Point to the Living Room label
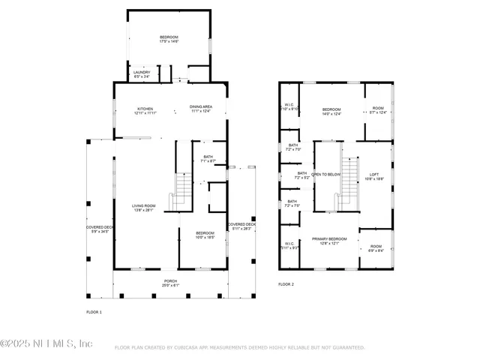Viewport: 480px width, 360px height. (144, 208)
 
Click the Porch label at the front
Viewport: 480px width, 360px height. (171, 283)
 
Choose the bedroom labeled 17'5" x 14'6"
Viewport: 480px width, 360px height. (169, 40)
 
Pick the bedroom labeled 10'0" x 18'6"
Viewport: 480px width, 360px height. (205, 235)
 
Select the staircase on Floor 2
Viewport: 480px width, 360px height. (346, 184)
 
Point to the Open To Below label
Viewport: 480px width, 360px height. (326, 174)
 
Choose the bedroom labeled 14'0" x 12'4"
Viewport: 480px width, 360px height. (331, 112)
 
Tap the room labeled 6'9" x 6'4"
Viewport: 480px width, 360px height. (375, 248)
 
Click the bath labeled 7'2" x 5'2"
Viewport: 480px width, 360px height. (301, 175)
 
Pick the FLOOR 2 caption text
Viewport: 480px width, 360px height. (286, 284)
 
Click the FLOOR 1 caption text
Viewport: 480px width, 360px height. (94, 311)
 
